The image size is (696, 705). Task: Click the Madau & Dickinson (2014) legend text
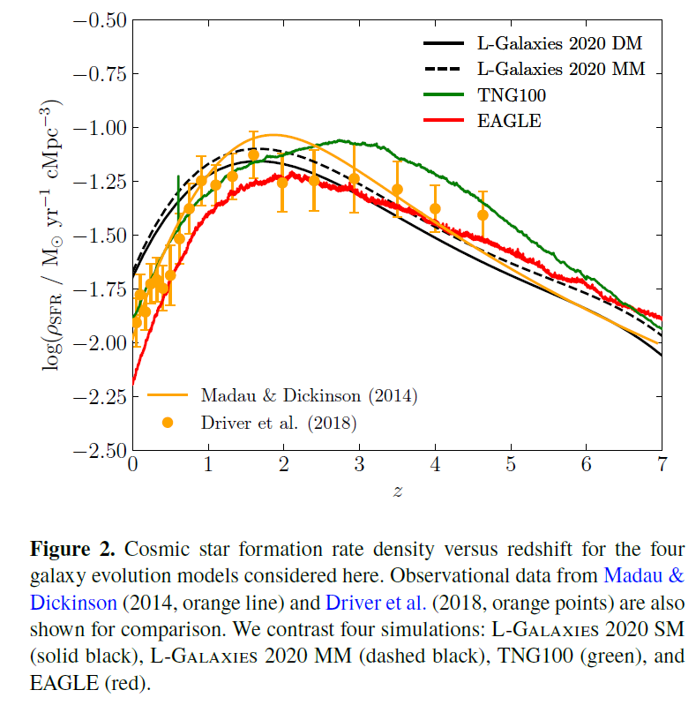[308, 394]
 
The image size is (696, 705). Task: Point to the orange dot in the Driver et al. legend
[168, 424]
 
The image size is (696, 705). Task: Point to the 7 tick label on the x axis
[662, 465]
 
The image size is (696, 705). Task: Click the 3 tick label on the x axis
[359, 465]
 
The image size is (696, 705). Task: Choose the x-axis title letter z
[397, 491]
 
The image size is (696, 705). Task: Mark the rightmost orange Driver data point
[483, 214]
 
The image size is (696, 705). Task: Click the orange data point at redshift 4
[435, 209]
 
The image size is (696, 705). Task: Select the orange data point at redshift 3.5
[397, 189]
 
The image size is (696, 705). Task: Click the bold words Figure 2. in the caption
[73, 549]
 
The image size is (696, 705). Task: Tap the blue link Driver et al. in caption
[376, 604]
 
